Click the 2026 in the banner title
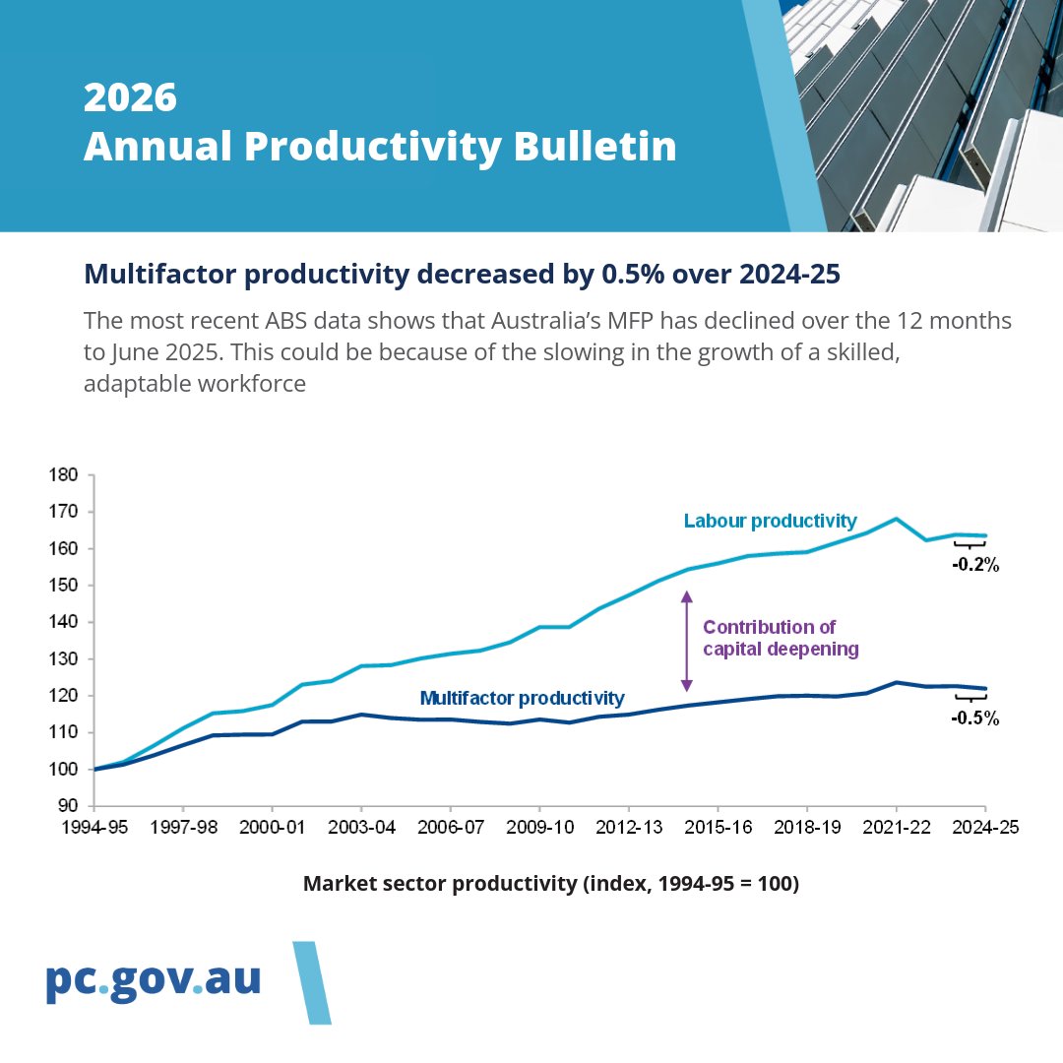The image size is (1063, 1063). point(130,97)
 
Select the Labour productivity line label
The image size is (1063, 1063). point(770,521)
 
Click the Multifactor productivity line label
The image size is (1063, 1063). point(522,698)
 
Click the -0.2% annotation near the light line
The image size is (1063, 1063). point(974,565)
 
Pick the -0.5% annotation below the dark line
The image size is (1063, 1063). point(974,719)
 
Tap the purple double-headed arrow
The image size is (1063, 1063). point(687,640)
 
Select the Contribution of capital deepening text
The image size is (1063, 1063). point(781,638)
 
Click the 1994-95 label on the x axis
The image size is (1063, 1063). point(93,829)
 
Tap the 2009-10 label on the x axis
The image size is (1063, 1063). point(538,829)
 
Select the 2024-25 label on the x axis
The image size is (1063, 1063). point(985,829)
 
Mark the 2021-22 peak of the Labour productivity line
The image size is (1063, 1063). point(896,519)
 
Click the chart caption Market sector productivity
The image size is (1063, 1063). point(550,884)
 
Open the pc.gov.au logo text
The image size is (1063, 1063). point(154,980)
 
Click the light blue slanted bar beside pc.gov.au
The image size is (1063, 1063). point(312,982)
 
